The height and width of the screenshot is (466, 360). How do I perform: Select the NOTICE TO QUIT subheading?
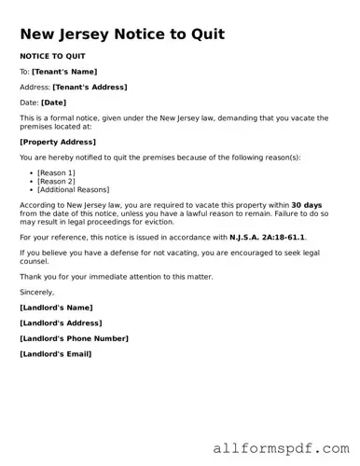tap(52, 57)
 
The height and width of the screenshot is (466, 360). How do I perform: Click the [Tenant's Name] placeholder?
tap(64, 72)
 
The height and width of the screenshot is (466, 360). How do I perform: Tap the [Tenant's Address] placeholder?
tap(90, 87)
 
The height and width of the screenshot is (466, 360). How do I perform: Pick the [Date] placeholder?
tap(53, 103)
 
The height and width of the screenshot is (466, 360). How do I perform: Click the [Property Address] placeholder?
tap(58, 142)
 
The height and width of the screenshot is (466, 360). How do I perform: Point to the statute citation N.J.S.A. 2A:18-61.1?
tap(267, 237)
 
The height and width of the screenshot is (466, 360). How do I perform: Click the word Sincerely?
tap(37, 292)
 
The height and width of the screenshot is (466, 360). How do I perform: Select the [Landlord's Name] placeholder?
tap(56, 308)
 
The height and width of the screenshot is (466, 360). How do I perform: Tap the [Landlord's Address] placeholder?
tap(63, 322)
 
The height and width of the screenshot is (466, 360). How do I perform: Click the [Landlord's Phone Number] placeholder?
tap(74, 338)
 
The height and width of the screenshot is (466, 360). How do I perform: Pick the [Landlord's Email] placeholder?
tap(56, 354)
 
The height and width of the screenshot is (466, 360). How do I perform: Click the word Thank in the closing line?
tap(31, 277)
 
